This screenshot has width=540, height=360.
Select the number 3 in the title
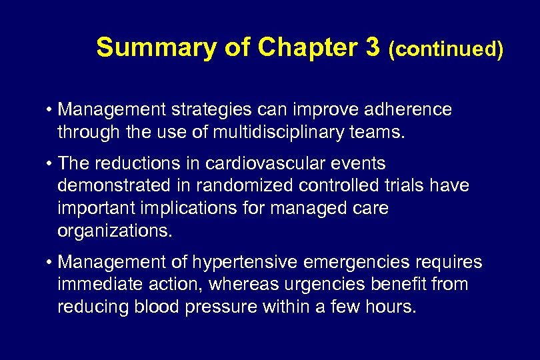[371, 48]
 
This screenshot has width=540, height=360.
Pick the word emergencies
[353, 263]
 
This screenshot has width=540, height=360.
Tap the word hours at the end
[389, 307]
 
